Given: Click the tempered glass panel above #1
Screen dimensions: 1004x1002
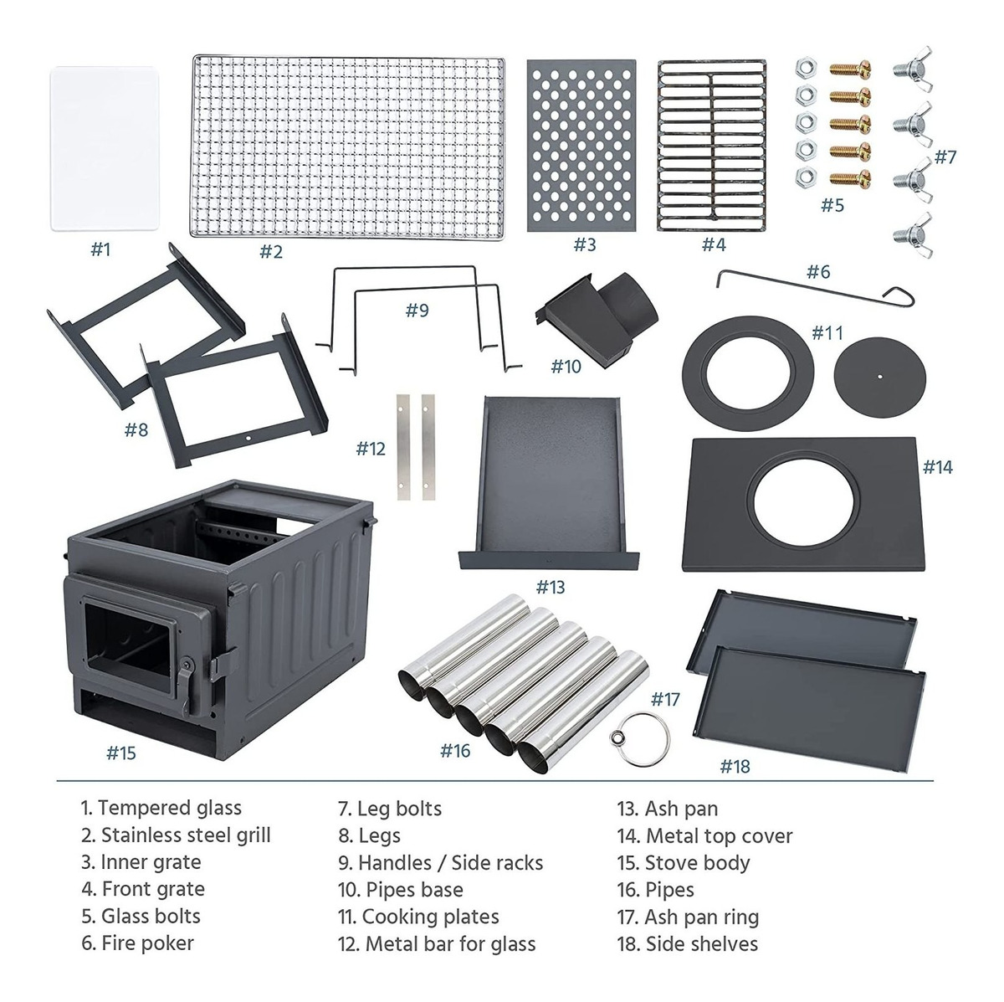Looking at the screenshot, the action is (105, 148).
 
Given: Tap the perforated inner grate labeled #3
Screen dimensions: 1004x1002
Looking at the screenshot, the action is (581, 146).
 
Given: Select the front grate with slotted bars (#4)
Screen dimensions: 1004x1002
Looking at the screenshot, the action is (712, 146).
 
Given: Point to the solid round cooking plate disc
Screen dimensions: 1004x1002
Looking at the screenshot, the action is (880, 377).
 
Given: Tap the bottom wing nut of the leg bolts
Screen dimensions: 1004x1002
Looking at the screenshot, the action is (913, 234).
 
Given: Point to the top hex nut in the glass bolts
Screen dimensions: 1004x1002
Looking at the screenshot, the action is (806, 69).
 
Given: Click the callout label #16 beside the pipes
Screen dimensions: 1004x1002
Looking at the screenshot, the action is (455, 751).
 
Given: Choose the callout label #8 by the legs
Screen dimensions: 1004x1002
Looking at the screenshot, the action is (136, 429).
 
